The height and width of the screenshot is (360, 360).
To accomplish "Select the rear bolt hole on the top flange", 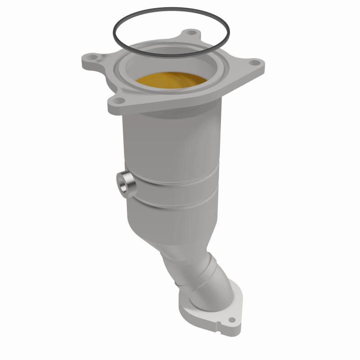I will (x=192, y=33).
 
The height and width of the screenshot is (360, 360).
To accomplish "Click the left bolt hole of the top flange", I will (x=92, y=58).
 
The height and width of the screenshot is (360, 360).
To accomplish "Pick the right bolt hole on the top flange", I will (x=253, y=63).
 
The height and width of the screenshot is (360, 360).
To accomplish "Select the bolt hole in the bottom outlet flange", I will (x=232, y=320).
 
